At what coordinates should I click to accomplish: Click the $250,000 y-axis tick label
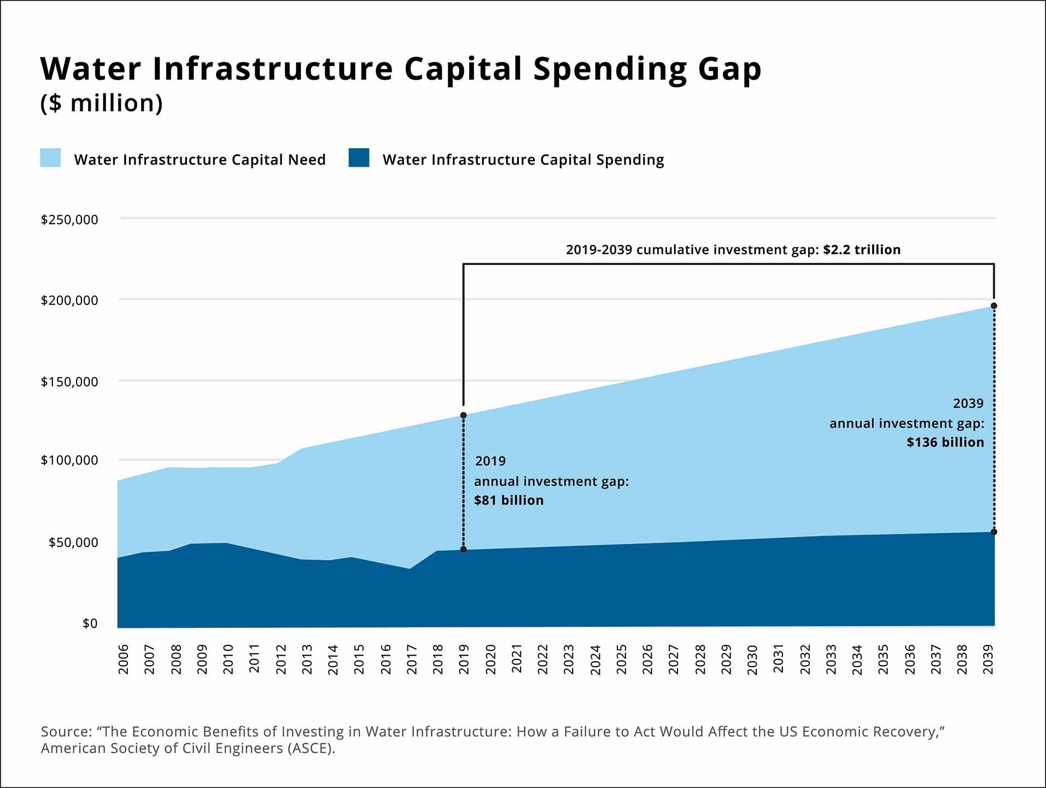69,220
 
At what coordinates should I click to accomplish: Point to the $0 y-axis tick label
90,624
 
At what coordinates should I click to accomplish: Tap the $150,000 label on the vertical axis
69,381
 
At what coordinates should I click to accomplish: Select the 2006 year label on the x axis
124,660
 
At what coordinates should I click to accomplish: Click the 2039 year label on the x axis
988,660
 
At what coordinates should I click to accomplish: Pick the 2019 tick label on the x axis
464,660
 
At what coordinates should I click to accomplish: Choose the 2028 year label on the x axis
700,660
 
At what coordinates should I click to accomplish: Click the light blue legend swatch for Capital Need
50,158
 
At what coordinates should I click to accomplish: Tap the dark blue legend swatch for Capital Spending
359,158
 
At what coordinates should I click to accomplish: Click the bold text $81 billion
509,501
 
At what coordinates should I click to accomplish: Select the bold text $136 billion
945,443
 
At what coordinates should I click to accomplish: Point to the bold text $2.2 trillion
862,250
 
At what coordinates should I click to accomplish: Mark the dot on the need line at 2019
464,415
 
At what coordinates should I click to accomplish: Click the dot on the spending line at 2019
464,549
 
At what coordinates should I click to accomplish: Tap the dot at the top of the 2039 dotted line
994,306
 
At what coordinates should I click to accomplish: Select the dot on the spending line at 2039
994,532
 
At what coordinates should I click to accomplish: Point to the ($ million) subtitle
102,103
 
